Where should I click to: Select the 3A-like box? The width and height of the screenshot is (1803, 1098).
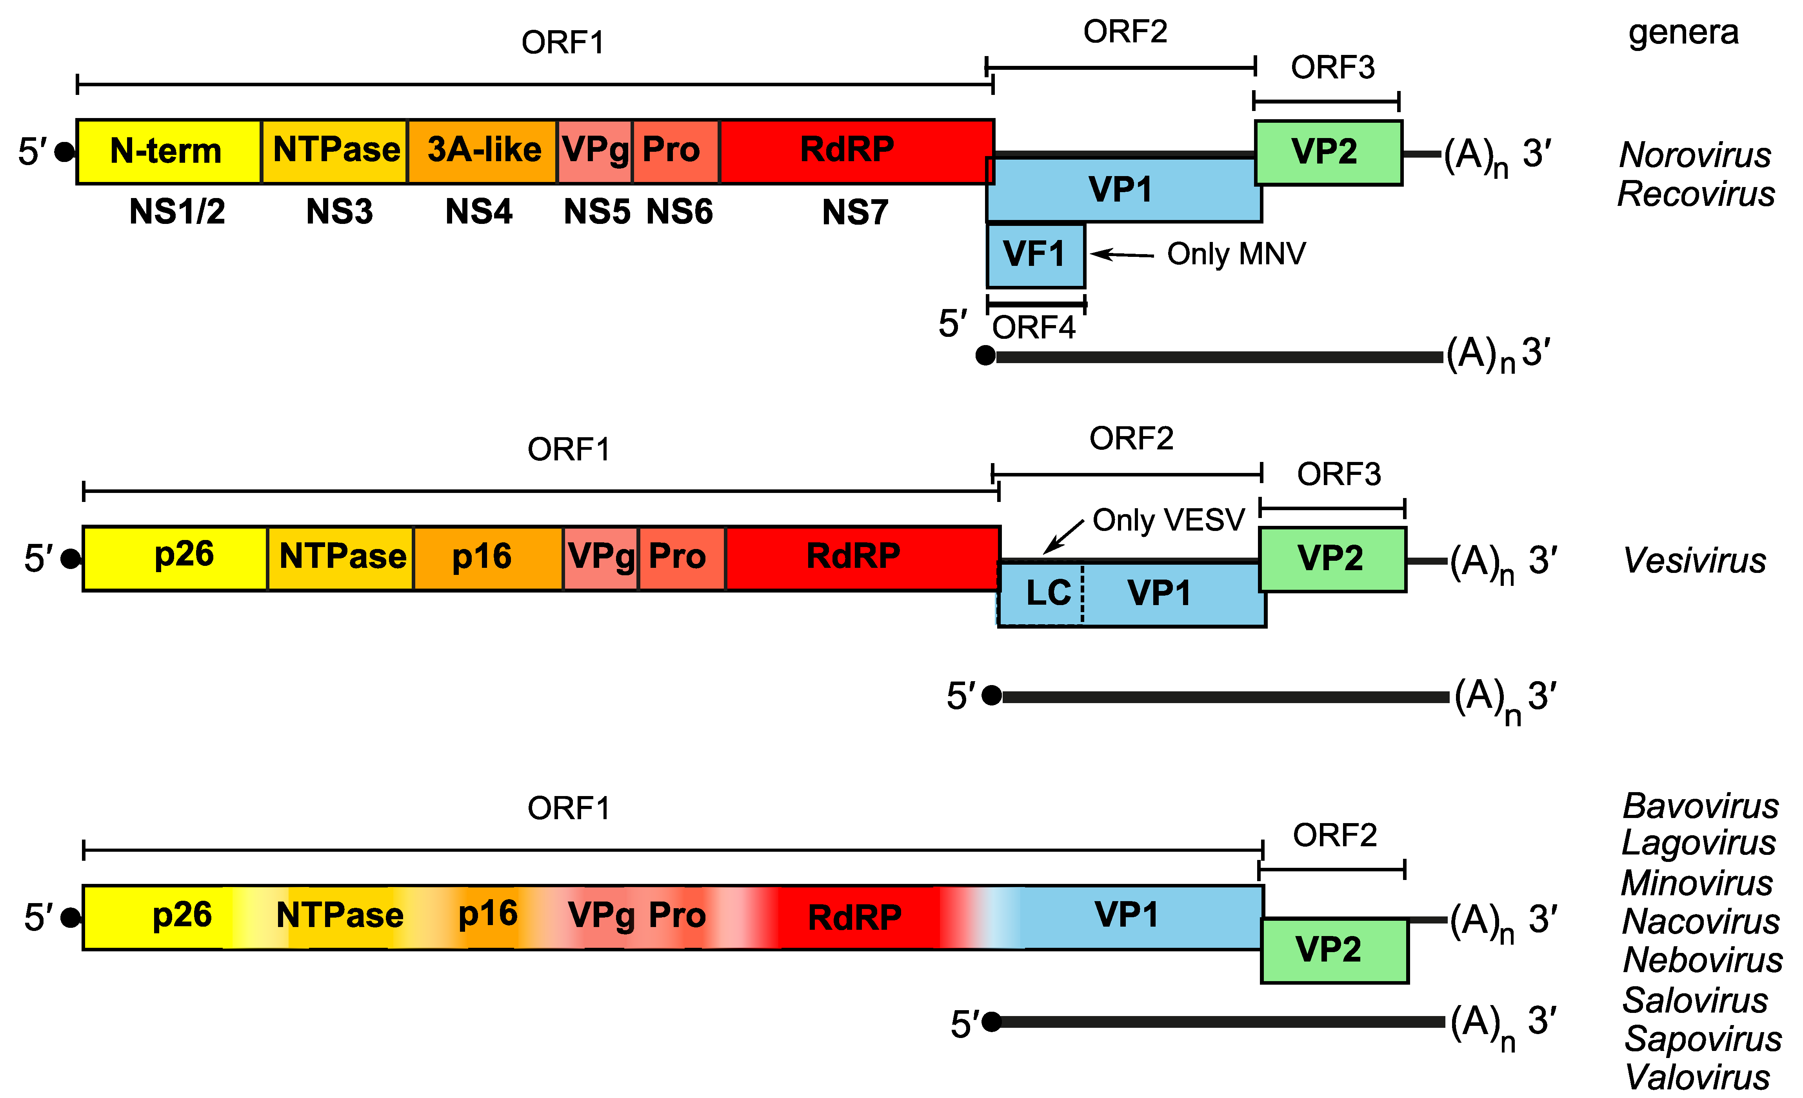(483, 151)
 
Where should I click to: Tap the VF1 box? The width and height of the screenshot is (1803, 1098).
(1035, 255)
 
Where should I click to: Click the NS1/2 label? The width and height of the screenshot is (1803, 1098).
(177, 212)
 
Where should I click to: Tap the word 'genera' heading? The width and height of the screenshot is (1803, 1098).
(1683, 33)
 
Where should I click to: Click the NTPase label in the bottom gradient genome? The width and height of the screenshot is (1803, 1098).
(340, 916)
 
